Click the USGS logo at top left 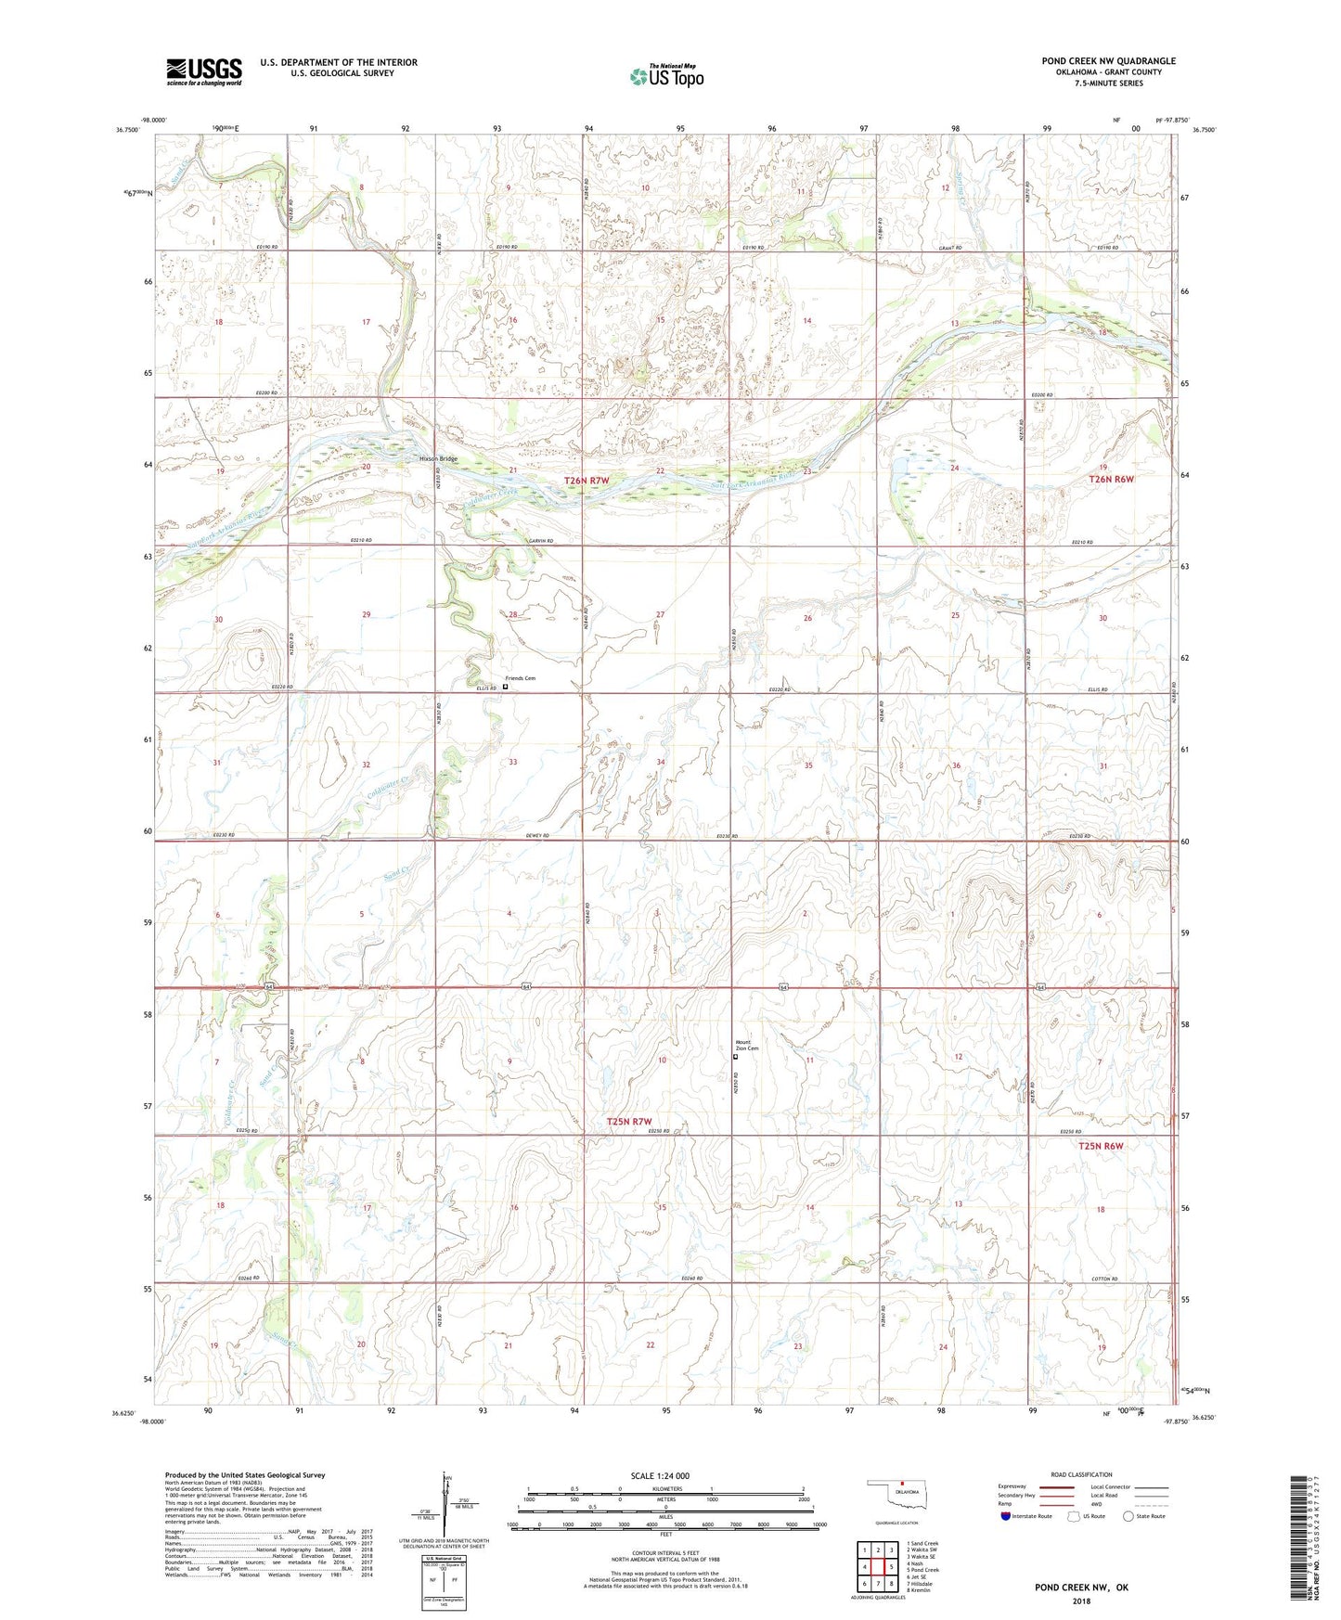204,71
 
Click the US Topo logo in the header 666,76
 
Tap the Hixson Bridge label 438,459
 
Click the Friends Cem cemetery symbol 505,688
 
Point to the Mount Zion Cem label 747,1045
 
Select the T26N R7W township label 587,481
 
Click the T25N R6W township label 1101,1146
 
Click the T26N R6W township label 1111,479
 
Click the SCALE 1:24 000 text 660,1476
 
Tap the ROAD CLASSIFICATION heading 1081,1474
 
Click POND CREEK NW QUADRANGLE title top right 1108,61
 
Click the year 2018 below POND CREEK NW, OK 1081,1601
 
